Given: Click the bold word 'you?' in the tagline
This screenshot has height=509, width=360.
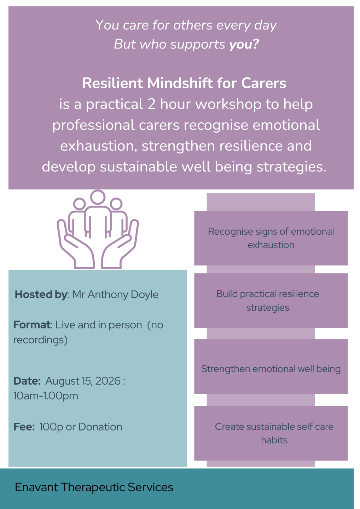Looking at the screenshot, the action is pyautogui.click(x=244, y=44).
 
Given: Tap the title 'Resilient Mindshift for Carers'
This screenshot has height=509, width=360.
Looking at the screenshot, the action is pyautogui.click(x=184, y=83).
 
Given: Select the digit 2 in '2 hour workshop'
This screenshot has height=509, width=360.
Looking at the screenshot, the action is pyautogui.click(x=151, y=104).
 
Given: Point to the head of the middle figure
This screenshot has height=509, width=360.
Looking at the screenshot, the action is pyautogui.click(x=98, y=197).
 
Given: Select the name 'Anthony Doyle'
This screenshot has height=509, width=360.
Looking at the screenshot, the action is pyautogui.click(x=123, y=294).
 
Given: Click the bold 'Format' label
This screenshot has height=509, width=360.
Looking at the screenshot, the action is pyautogui.click(x=32, y=325).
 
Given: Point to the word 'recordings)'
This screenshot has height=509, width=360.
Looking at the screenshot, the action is pyautogui.click(x=40, y=340).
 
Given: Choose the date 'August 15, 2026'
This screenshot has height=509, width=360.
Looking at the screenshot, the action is pyautogui.click(x=83, y=381).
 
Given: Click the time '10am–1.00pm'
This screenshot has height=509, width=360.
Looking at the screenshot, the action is pyautogui.click(x=46, y=396).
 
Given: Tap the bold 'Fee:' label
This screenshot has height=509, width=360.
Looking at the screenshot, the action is pyautogui.click(x=24, y=427).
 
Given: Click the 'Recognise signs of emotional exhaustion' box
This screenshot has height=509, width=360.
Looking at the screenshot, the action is pyautogui.click(x=271, y=238).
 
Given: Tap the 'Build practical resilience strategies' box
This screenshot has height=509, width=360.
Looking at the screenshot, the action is pyautogui.click(x=271, y=300).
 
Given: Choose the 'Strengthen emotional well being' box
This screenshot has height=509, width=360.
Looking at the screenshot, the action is pyautogui.click(x=271, y=367).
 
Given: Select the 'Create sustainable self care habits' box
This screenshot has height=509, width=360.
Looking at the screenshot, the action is pyautogui.click(x=271, y=433).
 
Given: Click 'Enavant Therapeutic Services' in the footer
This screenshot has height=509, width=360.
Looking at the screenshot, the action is pyautogui.click(x=94, y=487).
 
